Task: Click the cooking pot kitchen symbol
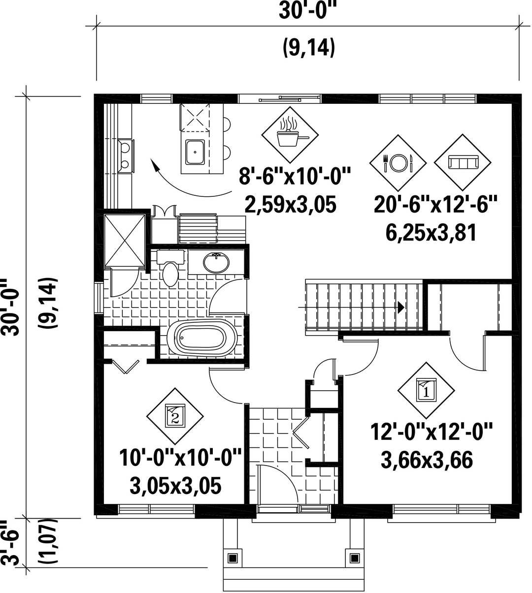click(290, 135)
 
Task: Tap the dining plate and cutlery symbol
click(398, 163)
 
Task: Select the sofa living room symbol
click(463, 162)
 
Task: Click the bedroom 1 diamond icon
click(426, 390)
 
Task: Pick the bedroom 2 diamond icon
click(175, 416)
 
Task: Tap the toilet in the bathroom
click(170, 268)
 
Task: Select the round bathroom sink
click(216, 262)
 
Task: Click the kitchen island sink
click(195, 152)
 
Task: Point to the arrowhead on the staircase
click(401, 308)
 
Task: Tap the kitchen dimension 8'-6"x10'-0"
click(295, 176)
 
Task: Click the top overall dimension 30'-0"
click(308, 10)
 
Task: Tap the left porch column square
click(233, 559)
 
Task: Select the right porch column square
click(355, 558)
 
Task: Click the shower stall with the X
click(125, 241)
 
